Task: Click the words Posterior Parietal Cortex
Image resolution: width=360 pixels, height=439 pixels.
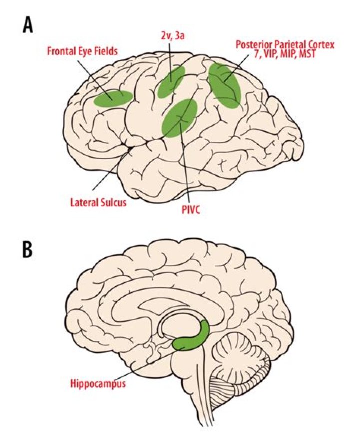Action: click(x=285, y=45)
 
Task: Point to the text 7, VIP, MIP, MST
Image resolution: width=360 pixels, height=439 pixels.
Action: click(x=285, y=54)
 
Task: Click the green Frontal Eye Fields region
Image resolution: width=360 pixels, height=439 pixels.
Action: click(x=113, y=98)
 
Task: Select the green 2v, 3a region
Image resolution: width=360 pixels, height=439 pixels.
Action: click(x=171, y=81)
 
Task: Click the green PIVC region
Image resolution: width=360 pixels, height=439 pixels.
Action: click(x=179, y=118)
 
